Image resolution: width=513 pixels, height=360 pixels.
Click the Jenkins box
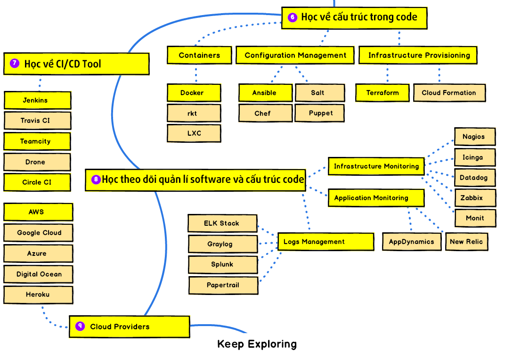click(37, 100)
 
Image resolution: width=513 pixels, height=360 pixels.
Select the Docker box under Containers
click(194, 93)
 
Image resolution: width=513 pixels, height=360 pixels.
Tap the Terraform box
click(382, 93)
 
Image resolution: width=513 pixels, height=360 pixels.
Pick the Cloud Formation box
click(449, 93)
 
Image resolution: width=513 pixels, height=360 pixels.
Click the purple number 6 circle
click(293, 17)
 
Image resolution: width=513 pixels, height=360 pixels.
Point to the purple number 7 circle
click(15, 63)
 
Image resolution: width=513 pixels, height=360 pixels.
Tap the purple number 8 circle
click(96, 180)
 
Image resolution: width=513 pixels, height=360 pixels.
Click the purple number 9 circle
click(80, 326)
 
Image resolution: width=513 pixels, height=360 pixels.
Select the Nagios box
click(474, 137)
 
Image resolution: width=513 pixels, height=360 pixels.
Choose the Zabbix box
click(474, 198)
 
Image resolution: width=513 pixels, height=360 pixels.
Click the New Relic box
click(466, 242)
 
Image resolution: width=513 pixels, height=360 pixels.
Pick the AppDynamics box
click(411, 242)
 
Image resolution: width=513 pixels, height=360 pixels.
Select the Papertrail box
click(223, 285)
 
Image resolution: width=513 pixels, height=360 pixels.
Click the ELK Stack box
click(222, 223)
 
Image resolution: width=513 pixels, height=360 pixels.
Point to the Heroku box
click(38, 295)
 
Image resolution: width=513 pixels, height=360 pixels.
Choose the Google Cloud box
click(39, 233)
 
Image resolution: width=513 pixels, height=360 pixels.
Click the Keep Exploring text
click(257, 344)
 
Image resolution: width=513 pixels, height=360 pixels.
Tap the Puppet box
click(320, 113)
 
